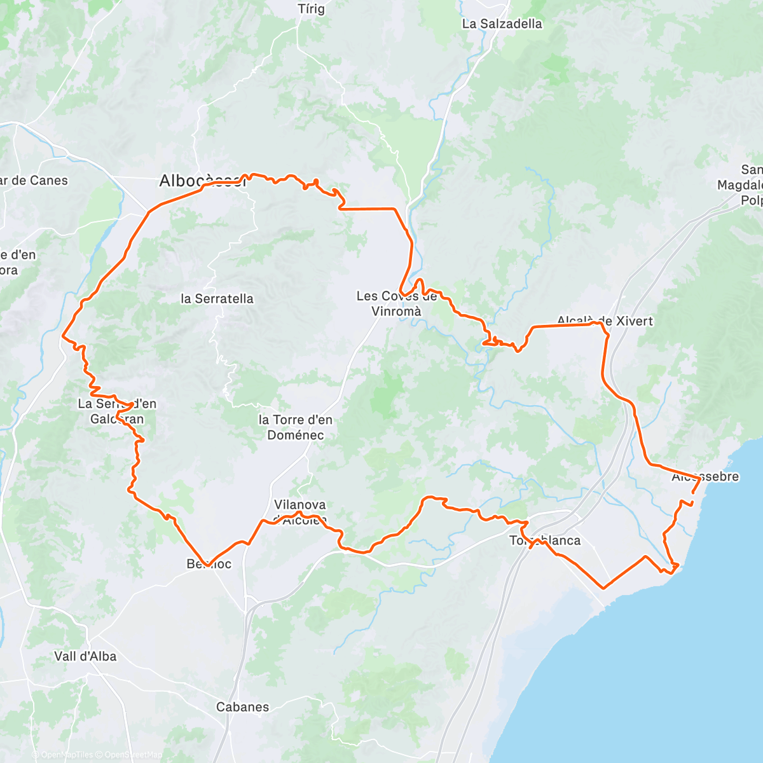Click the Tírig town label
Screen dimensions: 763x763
point(312,9)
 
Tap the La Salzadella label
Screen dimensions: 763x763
point(502,24)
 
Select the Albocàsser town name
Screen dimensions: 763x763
point(202,181)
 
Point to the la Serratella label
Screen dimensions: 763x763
point(217,298)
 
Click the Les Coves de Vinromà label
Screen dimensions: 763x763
point(397,303)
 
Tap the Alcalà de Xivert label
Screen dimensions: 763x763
point(605,320)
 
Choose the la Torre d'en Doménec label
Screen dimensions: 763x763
point(295,427)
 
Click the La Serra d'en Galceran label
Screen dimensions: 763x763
point(117,411)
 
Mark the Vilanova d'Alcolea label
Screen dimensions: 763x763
point(299,511)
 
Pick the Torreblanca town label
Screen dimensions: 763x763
point(545,540)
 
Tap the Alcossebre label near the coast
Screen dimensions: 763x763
point(705,477)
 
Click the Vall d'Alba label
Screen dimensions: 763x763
point(85,656)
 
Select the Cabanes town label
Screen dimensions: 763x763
point(242,707)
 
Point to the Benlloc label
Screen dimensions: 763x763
point(209,564)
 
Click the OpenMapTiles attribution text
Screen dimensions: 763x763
point(67,755)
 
